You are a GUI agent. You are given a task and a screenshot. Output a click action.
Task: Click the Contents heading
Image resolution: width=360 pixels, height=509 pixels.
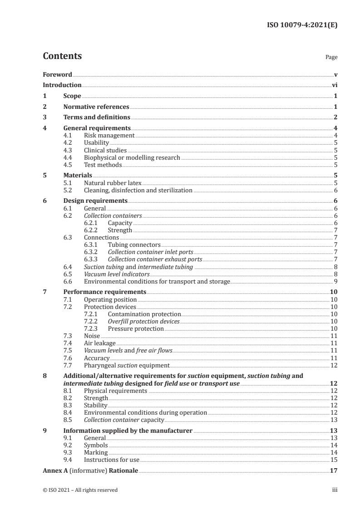[62, 56]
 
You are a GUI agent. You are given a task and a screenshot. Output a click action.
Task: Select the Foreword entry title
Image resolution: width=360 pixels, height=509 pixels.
[57, 74]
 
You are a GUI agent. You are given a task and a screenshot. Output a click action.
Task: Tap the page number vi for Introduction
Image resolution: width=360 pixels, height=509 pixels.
[334, 85]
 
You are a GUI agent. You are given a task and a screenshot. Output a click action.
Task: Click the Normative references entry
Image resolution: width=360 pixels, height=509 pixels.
[96, 107]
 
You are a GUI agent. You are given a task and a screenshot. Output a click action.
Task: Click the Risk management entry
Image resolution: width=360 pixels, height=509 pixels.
[109, 135]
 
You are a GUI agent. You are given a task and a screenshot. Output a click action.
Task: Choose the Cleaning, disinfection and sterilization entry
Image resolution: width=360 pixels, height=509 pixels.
[138, 191]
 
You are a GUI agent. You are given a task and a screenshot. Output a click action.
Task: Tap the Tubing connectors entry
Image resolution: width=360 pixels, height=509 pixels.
[134, 245]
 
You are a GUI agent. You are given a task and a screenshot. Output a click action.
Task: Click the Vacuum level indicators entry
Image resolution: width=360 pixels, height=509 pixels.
[117, 274]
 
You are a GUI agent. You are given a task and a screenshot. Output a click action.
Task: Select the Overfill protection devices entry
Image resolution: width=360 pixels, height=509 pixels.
[143, 321]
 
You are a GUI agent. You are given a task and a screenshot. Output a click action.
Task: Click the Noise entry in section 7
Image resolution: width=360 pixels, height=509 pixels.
[92, 336]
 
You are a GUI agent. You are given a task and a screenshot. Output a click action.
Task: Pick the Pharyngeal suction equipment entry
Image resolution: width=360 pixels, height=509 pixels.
[126, 365]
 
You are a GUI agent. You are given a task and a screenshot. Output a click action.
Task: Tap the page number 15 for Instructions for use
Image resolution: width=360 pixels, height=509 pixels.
[334, 460]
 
